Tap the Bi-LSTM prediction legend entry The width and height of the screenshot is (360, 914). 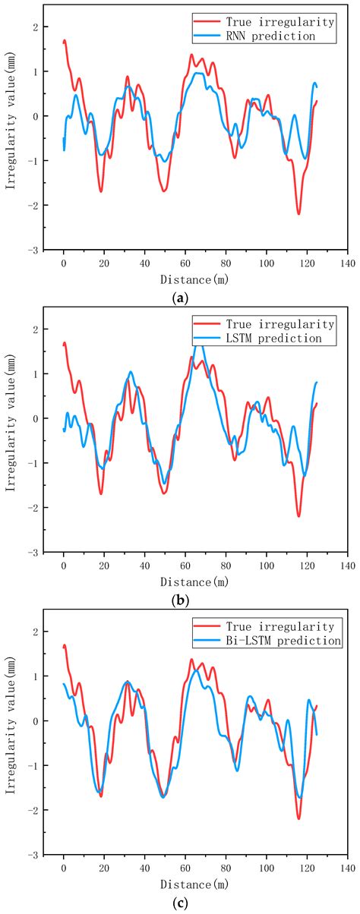point(284,641)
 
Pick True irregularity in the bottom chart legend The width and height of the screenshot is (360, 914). point(281,626)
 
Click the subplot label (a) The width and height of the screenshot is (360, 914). point(181,298)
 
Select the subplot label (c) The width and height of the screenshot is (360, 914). point(181,903)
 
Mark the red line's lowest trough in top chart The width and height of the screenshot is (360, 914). point(298,214)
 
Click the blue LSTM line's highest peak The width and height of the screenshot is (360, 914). point(199,345)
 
